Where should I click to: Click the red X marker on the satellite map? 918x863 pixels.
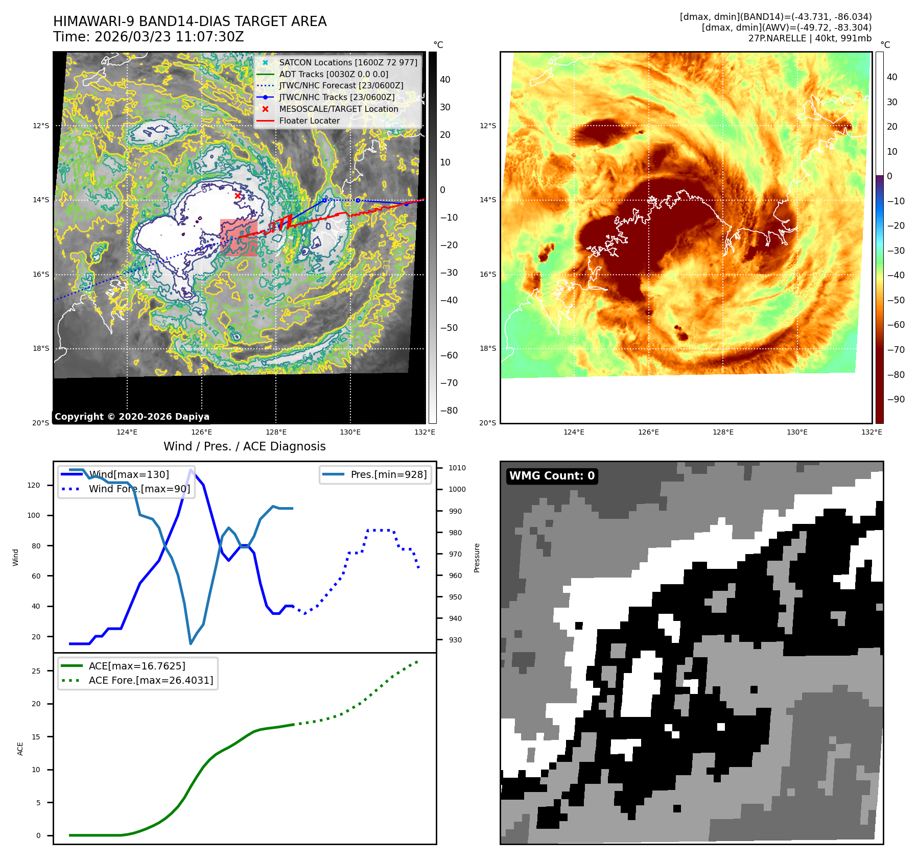tap(238, 196)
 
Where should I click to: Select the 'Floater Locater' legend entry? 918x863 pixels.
tap(309, 121)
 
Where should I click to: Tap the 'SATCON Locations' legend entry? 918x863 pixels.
tap(348, 62)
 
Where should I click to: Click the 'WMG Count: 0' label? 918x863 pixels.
tap(552, 476)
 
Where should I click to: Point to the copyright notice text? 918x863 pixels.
tap(132, 417)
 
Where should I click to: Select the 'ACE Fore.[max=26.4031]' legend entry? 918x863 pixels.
tap(151, 680)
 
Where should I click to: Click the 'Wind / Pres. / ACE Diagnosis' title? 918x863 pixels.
tap(244, 446)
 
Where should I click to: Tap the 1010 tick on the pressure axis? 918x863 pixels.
tap(457, 468)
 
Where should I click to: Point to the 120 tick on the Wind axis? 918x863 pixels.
tap(34, 485)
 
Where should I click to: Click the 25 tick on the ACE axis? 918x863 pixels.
tap(36, 671)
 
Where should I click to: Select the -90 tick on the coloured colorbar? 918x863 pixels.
tap(896, 399)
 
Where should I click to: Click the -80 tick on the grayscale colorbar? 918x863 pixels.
tap(449, 411)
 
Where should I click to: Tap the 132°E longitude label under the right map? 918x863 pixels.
tap(872, 432)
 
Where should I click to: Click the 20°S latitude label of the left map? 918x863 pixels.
tap(41, 423)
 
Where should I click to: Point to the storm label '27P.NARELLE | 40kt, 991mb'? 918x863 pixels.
tap(810, 38)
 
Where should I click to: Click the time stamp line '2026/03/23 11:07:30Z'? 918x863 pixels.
tap(149, 37)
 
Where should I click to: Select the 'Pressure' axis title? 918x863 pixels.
tap(477, 558)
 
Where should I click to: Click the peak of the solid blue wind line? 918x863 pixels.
tap(191, 470)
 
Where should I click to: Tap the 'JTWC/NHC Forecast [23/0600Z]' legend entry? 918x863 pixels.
tap(341, 86)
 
